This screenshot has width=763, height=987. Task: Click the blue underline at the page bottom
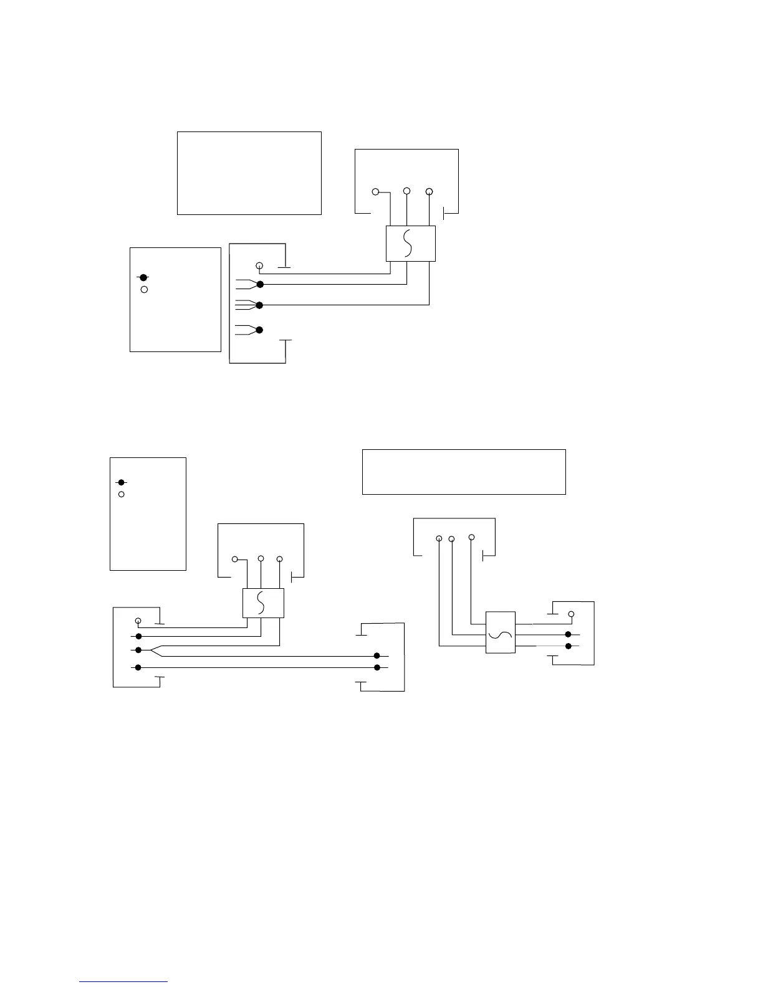tap(123, 981)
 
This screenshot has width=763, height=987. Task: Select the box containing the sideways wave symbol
tap(501, 632)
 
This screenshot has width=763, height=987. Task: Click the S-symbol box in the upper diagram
tap(410, 244)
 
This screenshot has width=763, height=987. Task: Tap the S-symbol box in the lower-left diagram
tap(263, 603)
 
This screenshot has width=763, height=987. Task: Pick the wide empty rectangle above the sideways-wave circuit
tap(464, 472)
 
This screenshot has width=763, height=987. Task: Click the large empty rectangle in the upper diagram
tap(249, 173)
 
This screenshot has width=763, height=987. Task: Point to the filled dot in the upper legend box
tap(143, 277)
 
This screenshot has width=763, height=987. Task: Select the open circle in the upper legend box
tap(144, 290)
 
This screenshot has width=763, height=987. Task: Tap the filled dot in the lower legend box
tap(122, 482)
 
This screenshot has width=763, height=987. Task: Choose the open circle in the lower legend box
tap(122, 494)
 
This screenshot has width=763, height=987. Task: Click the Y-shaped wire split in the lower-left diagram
tap(154, 650)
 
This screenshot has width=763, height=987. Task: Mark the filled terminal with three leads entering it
tap(260, 305)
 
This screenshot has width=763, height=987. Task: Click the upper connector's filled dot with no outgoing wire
tap(260, 330)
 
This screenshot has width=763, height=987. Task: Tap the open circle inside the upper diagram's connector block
tap(260, 266)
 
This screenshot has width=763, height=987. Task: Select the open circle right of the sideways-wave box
tap(570, 614)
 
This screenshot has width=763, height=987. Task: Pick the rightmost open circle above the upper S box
tap(429, 191)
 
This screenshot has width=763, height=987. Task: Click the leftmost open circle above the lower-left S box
tap(235, 559)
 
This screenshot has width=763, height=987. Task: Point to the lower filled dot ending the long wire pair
tap(377, 667)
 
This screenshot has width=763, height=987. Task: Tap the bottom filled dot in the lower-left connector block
tap(138, 667)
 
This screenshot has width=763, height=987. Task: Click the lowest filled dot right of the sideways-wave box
tap(568, 646)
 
